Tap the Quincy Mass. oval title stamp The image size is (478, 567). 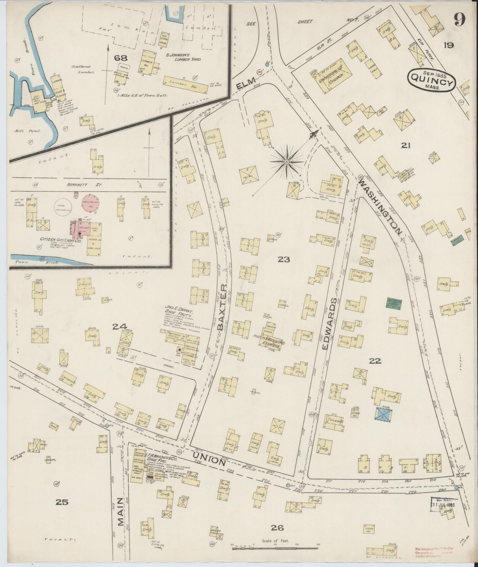pyautogui.click(x=432, y=80)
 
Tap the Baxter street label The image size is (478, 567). pyautogui.click(x=223, y=307)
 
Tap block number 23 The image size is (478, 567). pyautogui.click(x=284, y=260)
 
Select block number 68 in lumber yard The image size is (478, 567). pyautogui.click(x=121, y=58)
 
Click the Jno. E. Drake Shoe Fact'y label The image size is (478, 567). pyautogui.click(x=177, y=313)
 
